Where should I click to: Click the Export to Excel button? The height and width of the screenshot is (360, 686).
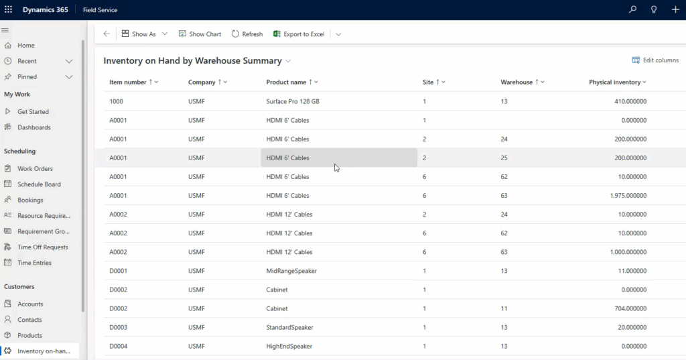299,34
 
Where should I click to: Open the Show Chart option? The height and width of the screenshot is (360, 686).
200,34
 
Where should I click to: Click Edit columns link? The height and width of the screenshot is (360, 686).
655,60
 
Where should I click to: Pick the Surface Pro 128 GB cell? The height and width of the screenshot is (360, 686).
293,101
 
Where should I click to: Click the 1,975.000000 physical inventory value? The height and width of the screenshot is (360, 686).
628,195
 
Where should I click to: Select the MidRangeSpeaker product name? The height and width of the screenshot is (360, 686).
291,271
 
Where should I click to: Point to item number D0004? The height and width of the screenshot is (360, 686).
118,346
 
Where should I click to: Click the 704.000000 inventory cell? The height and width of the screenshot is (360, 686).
630,308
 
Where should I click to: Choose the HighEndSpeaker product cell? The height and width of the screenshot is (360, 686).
289,346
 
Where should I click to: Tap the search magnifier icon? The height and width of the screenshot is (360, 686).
632,9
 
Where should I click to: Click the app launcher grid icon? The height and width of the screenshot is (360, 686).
8,9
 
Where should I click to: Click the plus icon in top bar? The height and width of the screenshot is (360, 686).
675,9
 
